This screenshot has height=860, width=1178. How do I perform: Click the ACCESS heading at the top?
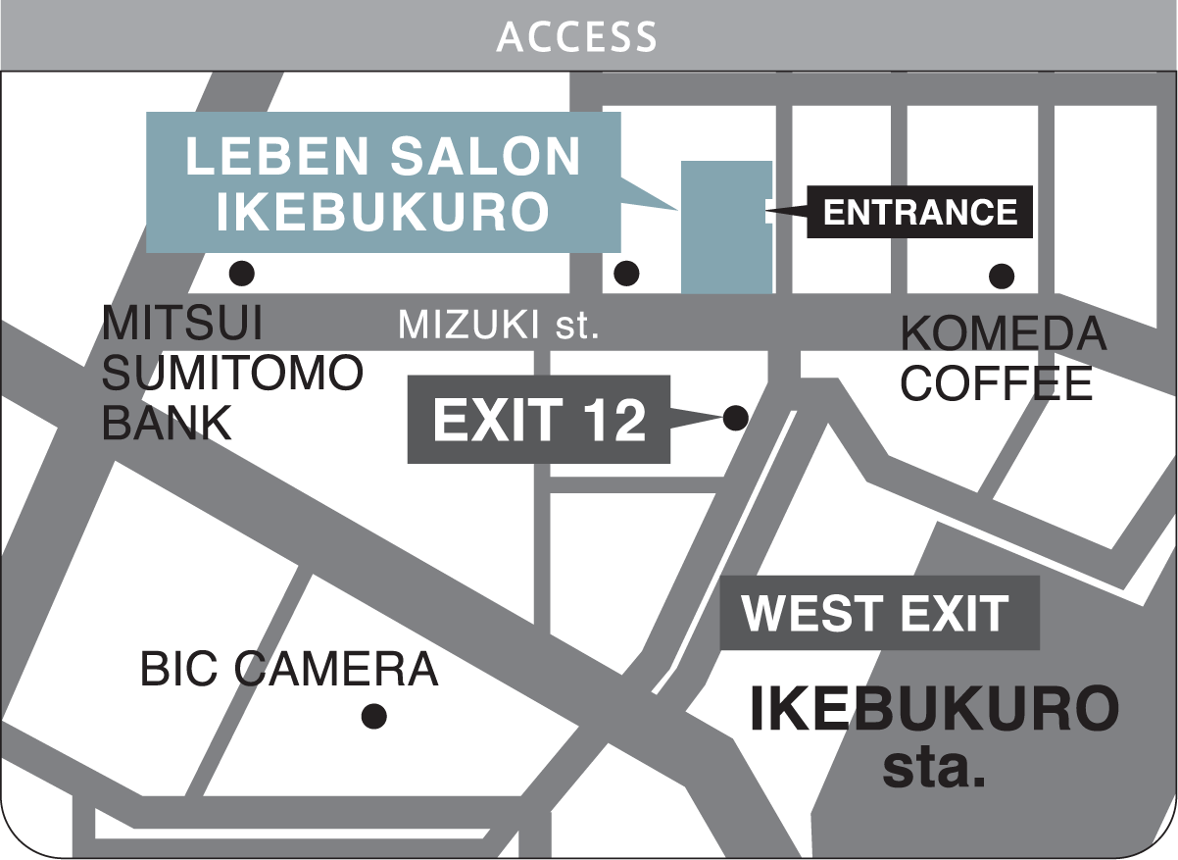(x=576, y=36)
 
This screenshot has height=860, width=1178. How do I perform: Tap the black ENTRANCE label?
(x=919, y=212)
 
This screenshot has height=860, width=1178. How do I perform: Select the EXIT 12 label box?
(x=539, y=420)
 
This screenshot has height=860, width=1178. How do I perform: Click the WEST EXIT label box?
(x=878, y=613)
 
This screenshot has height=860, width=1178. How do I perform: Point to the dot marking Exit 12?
(x=735, y=419)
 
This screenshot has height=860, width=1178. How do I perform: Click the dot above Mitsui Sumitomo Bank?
(x=241, y=273)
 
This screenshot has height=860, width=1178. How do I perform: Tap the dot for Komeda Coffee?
(x=1001, y=276)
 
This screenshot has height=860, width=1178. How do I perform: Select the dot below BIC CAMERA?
(x=373, y=716)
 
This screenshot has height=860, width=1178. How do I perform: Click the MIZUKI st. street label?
(x=498, y=325)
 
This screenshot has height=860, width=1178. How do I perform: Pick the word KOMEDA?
(x=1003, y=335)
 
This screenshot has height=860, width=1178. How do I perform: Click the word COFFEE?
(x=996, y=383)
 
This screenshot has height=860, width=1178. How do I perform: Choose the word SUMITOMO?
(x=232, y=374)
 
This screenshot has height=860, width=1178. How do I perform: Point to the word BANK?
(x=168, y=424)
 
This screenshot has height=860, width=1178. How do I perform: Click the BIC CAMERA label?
(x=288, y=670)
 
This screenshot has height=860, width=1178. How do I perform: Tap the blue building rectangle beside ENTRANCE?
(x=726, y=227)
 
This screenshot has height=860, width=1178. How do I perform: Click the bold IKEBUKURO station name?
(x=933, y=710)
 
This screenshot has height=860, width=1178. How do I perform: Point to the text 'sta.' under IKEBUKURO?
(x=933, y=768)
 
